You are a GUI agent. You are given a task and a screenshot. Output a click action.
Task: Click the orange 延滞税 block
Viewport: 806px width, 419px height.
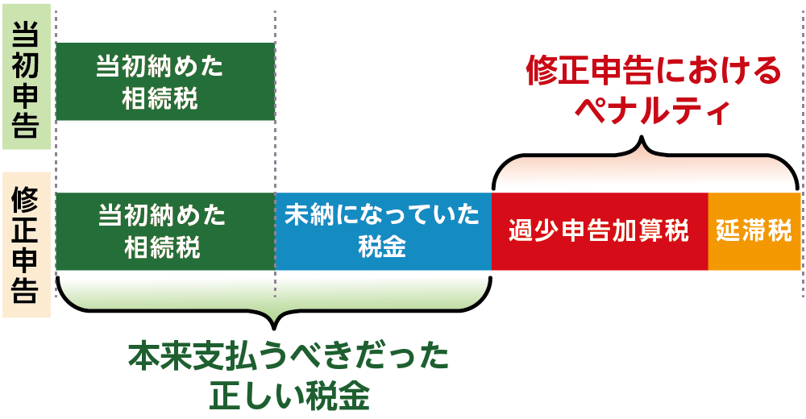coord(754,231)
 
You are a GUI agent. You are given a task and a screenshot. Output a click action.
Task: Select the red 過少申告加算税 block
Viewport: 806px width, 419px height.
coord(600,231)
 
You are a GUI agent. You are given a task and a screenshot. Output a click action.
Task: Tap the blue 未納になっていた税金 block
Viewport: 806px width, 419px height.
coord(384,231)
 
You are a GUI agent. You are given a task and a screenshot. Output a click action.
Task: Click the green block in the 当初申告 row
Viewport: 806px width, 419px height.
coord(165,81)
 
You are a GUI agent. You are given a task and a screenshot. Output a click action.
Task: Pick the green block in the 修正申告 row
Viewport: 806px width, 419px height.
coord(165,231)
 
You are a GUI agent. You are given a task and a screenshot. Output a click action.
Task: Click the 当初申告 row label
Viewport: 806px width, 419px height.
coord(27,77)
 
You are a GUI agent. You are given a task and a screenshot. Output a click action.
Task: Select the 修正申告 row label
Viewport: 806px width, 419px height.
coord(27,245)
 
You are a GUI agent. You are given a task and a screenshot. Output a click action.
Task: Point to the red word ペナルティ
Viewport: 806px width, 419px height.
coord(652,110)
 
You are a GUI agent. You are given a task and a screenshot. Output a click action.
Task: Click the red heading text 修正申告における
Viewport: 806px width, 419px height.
coord(654,70)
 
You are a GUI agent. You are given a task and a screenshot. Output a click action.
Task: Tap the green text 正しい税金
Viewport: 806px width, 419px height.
coord(289,396)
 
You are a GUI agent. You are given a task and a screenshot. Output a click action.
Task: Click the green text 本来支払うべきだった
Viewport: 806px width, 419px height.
coord(289,356)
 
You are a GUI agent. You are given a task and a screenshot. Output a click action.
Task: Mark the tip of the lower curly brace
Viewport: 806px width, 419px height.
coord(274,329)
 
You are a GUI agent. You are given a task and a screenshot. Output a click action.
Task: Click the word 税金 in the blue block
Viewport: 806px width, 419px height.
coord(382,247)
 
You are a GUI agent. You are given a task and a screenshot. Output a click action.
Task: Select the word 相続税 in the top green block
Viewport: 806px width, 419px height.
coord(160,97)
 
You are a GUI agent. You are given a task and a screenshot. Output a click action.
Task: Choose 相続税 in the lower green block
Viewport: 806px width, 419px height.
coord(162,247)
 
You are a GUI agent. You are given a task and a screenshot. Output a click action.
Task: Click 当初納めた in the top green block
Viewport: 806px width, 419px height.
coord(160,66)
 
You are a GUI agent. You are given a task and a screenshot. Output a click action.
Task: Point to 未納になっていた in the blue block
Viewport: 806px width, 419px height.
coord(382,215)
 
